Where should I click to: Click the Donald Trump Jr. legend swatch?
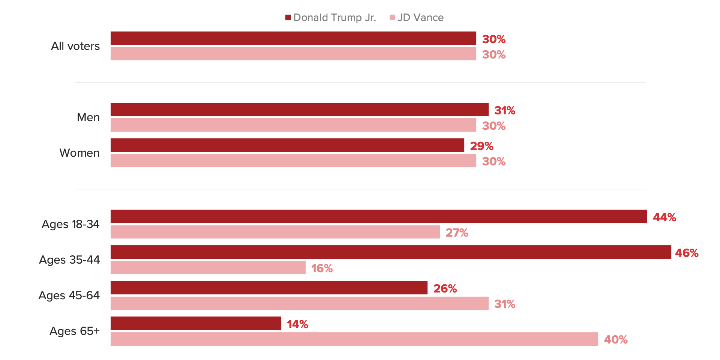[x=288, y=18]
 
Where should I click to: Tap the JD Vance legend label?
[x=420, y=18]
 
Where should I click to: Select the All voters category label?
[x=75, y=46]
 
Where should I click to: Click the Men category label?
[x=88, y=117]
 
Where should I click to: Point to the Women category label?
[x=79, y=153]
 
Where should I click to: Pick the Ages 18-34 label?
[x=70, y=224]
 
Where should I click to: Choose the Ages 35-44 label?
[x=69, y=260]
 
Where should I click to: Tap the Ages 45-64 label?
[x=69, y=295]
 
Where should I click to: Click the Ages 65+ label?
[x=75, y=331]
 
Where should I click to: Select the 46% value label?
[x=687, y=253]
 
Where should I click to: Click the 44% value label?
[x=664, y=217]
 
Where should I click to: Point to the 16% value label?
[x=322, y=268]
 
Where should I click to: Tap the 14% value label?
[x=297, y=324]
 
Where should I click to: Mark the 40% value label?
[x=616, y=340]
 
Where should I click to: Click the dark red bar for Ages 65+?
[x=196, y=323]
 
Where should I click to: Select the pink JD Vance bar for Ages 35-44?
[x=208, y=268]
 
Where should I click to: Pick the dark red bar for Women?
[x=287, y=145]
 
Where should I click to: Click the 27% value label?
[x=457, y=233]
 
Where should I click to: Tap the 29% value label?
[x=481, y=146]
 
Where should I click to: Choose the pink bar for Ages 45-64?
[x=299, y=303]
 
